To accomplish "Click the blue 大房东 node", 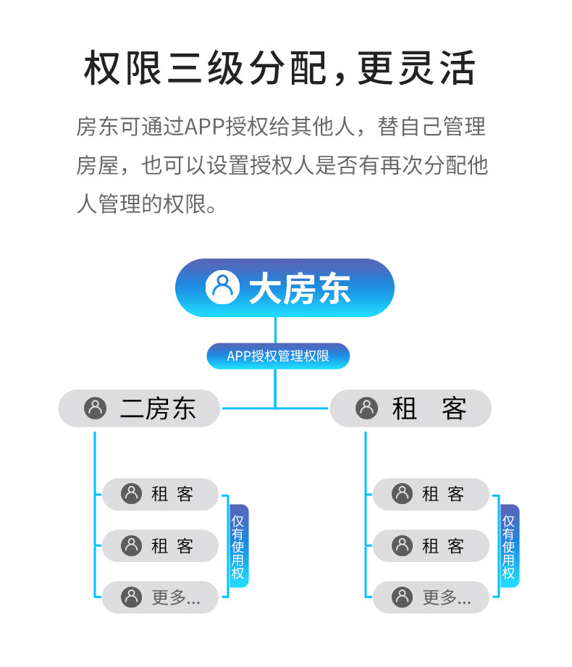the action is [x=285, y=288].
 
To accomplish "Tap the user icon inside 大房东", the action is [x=222, y=288].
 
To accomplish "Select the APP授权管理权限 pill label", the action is [x=278, y=356].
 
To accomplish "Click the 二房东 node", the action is [x=139, y=408].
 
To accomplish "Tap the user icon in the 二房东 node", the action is [x=96, y=408].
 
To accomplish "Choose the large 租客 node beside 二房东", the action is [x=411, y=408].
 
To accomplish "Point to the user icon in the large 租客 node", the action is [x=367, y=408].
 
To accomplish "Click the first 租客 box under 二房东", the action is [x=160, y=494].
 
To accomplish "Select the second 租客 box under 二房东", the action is [x=160, y=545].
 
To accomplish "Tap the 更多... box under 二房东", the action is [x=160, y=597].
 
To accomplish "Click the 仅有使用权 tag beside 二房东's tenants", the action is [x=238, y=546].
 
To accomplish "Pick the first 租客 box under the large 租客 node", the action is [x=431, y=494].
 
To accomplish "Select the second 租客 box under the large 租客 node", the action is [x=431, y=545].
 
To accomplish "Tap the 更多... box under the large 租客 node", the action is [x=431, y=597].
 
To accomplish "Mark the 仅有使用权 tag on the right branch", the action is [x=509, y=546].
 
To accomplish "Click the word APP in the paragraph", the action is [x=206, y=127].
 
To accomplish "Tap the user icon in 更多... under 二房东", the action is [x=131, y=597].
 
